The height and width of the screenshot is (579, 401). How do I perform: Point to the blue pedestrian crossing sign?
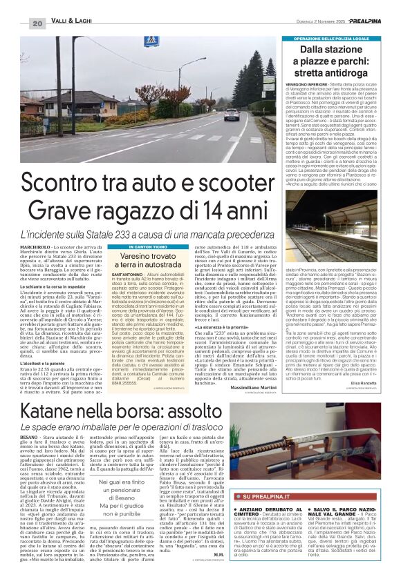(x=149, y=41)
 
